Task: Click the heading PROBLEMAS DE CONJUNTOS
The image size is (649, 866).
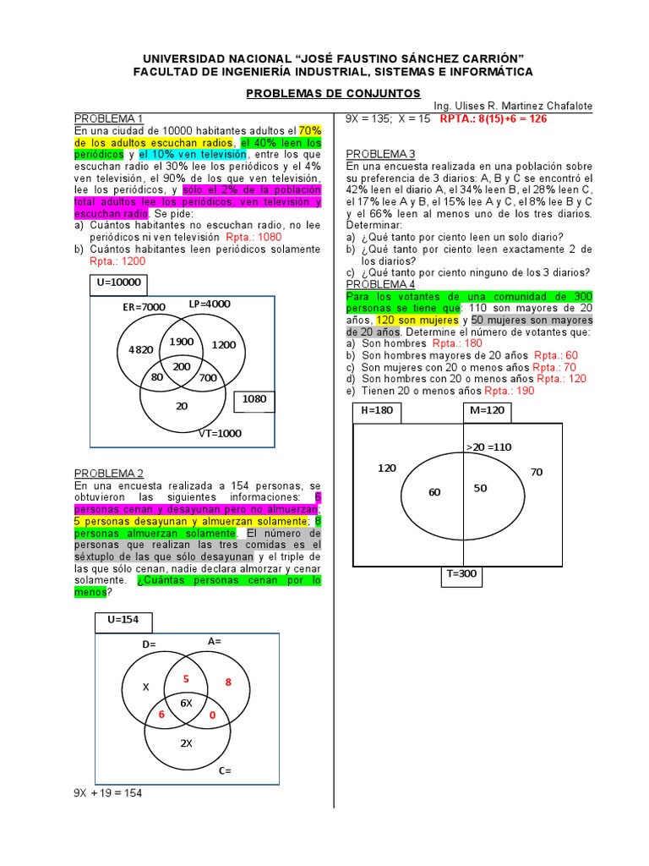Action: (333, 92)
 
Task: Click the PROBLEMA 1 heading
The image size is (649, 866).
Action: (109, 118)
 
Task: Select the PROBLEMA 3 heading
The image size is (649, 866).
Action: (381, 154)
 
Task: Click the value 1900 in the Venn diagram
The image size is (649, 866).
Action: (182, 341)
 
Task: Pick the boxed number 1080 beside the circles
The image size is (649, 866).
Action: (254, 398)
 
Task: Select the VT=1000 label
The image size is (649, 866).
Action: (220, 434)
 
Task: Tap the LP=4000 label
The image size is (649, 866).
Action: (210, 304)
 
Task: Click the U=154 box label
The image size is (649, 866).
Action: (123, 620)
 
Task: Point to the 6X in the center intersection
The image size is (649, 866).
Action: (185, 704)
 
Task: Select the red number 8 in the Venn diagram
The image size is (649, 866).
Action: (227, 682)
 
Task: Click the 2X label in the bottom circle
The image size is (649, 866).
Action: (186, 743)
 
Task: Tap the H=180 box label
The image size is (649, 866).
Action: (377, 410)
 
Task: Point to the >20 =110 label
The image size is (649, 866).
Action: (489, 447)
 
